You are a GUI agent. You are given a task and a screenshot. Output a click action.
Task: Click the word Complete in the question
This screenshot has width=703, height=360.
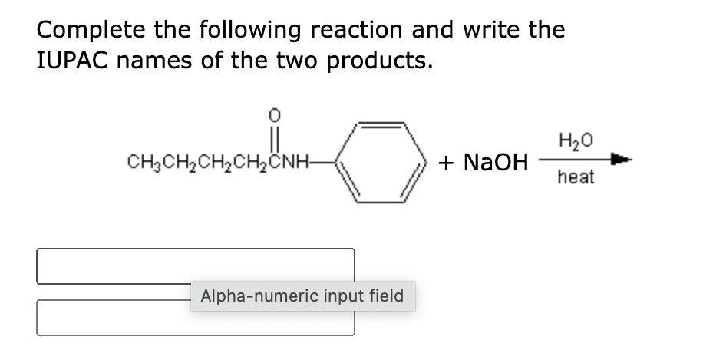pos(91,31)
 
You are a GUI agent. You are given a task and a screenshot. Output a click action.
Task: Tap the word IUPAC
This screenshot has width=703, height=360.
pos(72,61)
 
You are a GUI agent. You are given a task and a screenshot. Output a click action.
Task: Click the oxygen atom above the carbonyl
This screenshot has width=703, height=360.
pos(275,116)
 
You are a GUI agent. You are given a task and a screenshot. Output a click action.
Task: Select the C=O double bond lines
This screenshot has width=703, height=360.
pos(275,137)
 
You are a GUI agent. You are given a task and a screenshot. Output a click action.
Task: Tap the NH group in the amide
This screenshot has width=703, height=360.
pos(294,161)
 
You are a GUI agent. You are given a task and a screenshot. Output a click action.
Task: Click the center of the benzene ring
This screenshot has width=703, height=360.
pos(381,162)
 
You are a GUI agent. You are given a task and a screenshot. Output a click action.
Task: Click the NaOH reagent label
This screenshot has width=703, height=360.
pos(496,162)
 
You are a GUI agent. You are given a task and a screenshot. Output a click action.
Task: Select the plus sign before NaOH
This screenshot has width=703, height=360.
pos(446,162)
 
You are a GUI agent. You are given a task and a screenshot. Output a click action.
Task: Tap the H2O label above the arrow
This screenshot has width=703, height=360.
pos(576,140)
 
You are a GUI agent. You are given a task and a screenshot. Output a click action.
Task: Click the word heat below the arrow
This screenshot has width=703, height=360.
pos(576,177)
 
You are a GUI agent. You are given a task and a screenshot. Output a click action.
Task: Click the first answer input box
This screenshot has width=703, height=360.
pos(196,266)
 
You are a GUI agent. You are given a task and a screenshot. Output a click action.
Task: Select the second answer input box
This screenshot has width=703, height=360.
pos(196,318)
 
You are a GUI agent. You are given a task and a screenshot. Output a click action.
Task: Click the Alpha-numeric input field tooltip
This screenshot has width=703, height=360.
pos(302,296)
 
